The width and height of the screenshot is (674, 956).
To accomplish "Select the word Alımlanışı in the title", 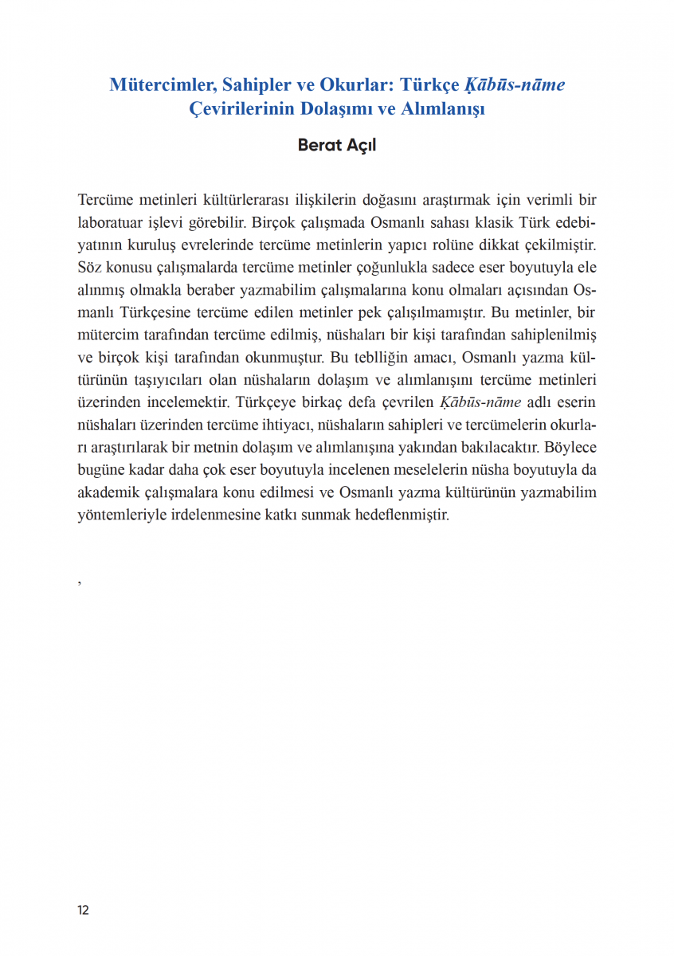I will (441, 109).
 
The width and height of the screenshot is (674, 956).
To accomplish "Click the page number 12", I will (83, 911).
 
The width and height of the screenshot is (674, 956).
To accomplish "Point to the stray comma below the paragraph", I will (80, 583).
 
